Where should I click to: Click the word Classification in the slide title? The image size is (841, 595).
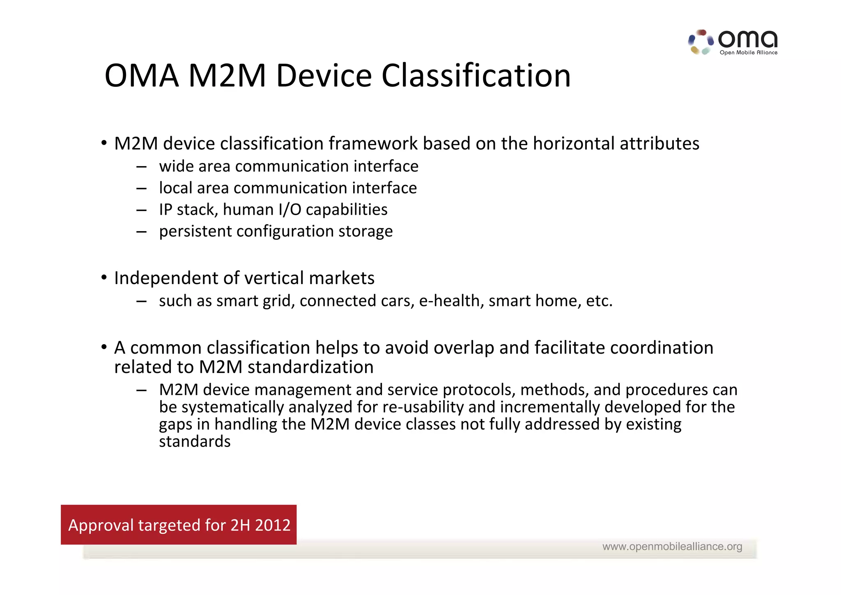tap(476, 76)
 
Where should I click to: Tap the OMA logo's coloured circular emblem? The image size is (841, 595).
tap(701, 42)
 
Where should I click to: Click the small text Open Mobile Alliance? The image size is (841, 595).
tap(748, 53)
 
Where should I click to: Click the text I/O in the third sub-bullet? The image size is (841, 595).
tap(290, 210)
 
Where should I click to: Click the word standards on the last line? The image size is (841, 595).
tap(195, 442)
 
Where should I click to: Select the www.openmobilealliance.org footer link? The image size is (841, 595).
tap(672, 546)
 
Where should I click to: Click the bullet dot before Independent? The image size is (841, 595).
tap(104, 278)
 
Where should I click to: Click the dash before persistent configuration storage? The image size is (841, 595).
tap(142, 232)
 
